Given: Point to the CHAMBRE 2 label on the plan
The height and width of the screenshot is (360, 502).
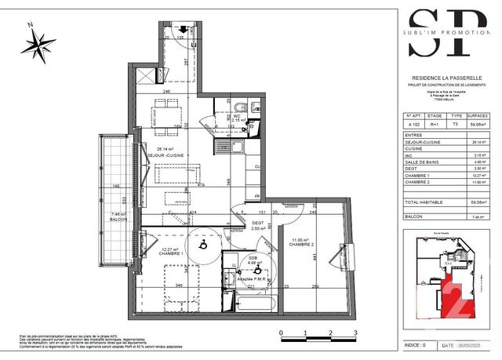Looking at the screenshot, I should tap(300, 244).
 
